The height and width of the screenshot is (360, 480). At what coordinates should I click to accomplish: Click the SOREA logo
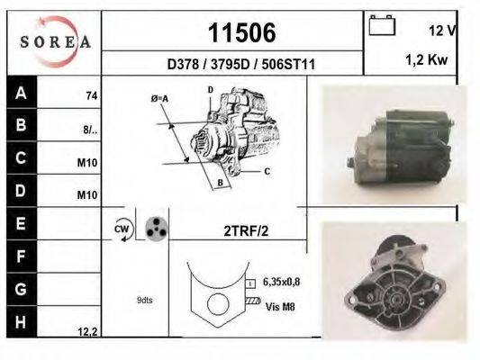(x=55, y=41)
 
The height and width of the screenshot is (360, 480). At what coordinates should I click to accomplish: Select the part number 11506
(x=241, y=33)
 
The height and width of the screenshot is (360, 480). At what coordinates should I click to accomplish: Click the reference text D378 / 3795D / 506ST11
(x=241, y=65)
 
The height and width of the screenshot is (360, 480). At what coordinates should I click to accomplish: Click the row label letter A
(x=21, y=93)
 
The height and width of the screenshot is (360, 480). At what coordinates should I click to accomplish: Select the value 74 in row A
(x=91, y=95)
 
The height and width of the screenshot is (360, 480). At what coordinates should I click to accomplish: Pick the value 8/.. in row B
(x=90, y=129)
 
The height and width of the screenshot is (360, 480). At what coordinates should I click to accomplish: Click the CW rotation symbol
(x=122, y=229)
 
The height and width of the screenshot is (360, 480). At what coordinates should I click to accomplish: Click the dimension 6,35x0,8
(x=282, y=282)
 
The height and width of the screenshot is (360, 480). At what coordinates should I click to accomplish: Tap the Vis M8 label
(x=279, y=306)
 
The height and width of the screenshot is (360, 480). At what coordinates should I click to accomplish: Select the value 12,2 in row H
(x=87, y=331)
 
